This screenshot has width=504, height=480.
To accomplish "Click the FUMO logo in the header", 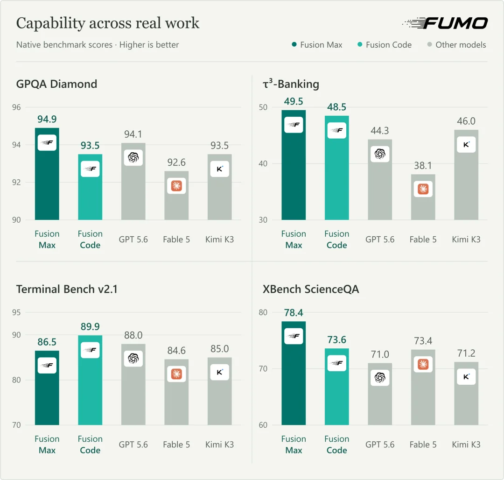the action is [445, 23].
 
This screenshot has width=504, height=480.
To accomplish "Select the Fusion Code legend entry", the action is [385, 45].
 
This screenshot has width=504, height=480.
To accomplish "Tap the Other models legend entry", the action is [456, 45].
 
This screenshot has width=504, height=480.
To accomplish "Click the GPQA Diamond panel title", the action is [56, 84].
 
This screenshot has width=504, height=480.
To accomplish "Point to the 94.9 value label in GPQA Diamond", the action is [47, 119].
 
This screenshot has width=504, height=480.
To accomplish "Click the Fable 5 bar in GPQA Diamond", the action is [176, 196].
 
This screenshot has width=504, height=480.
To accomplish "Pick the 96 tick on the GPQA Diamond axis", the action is [16, 107].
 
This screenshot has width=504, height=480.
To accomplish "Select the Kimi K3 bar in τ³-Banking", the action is [466, 175].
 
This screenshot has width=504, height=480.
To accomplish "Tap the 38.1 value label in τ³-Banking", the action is [423, 166].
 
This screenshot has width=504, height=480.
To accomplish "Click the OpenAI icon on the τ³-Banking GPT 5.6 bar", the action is [380, 154].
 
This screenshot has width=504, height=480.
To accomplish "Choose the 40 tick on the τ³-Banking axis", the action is [263, 163].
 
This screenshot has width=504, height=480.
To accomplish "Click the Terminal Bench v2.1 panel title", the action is [67, 289].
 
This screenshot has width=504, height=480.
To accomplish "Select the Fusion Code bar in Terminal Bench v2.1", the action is [90, 380].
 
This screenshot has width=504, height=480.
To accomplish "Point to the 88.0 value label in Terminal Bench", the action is [133, 335].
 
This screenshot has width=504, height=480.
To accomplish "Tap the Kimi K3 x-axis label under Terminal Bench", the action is [219, 445].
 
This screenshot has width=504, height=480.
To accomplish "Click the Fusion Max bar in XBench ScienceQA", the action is [294, 373].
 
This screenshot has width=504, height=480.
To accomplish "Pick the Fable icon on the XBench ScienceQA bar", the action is [423, 364].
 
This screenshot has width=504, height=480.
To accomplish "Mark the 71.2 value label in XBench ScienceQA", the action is [466, 353].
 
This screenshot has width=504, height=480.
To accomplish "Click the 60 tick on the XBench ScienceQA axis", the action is [263, 425].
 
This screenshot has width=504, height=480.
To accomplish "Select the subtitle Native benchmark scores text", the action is [64, 45].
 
